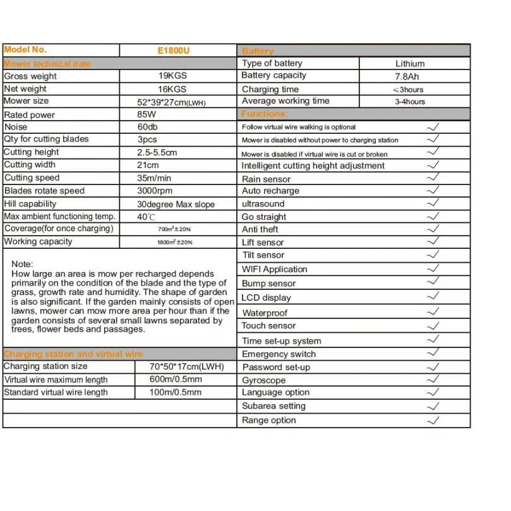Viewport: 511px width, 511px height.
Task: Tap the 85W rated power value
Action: (x=147, y=115)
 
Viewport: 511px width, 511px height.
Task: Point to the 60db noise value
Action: (x=148, y=127)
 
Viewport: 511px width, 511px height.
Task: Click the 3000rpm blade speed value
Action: (x=155, y=191)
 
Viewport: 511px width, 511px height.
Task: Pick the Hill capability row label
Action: (x=30, y=204)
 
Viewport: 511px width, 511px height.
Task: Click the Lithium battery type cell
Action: (x=410, y=63)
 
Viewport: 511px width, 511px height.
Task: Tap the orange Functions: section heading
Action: (x=264, y=114)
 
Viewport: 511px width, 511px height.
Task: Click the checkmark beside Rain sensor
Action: (x=433, y=178)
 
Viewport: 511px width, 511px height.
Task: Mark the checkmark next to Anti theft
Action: (x=433, y=229)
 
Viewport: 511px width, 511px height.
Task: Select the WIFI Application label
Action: (x=274, y=269)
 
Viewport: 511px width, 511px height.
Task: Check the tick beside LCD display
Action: (x=433, y=296)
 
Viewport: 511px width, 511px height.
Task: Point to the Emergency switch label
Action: (x=279, y=354)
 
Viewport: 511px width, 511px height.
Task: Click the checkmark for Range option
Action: (x=433, y=420)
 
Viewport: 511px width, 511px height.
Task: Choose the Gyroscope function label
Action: (x=263, y=380)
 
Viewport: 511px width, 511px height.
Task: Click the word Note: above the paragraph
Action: (x=22, y=263)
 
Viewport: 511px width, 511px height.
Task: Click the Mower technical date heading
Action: (x=47, y=64)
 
